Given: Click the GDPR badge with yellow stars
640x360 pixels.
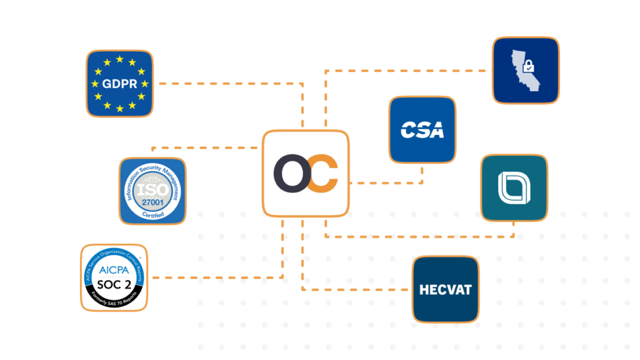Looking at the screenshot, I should (119, 83).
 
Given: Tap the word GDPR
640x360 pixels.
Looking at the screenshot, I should (119, 83).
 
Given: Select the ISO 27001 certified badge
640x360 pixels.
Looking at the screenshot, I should (152, 191).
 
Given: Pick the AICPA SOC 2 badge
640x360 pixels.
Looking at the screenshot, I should (114, 277).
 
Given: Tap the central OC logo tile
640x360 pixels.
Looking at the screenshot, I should (305, 173).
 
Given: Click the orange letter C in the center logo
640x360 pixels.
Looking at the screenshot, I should (324, 174).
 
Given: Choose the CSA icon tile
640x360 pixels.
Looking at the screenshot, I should (422, 129).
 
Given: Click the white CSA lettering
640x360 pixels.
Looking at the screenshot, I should (422, 131).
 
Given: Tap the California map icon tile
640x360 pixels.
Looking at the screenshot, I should (525, 69).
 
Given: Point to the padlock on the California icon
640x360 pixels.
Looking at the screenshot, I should (529, 65).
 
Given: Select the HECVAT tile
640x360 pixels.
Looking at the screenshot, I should (445, 289).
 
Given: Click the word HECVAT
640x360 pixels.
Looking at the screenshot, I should (445, 290).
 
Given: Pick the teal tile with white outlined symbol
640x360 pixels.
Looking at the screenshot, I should (514, 187).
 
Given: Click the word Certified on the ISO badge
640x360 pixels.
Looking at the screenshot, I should (153, 214).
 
